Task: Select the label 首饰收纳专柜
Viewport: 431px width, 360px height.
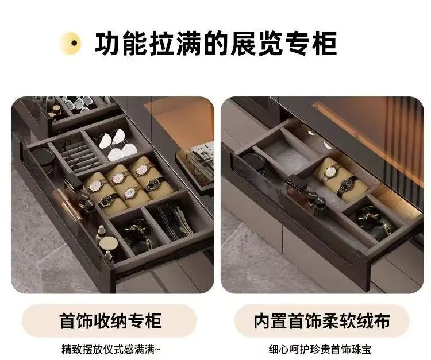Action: pos(110,321)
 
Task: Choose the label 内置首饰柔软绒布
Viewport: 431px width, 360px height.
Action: pos(322,321)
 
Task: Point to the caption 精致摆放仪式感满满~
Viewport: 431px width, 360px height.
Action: pos(110,350)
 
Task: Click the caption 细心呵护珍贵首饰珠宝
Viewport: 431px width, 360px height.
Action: pos(320,350)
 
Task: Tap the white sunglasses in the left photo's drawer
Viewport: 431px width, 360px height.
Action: pos(117,145)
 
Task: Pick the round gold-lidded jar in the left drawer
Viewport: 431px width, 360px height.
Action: pos(108,243)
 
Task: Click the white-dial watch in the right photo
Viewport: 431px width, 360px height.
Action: pos(330,172)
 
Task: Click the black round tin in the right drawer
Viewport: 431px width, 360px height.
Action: pos(254,162)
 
